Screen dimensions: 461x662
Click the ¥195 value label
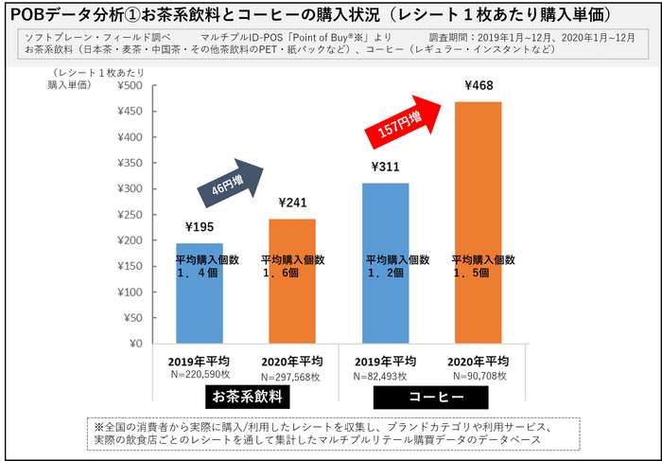click(x=200, y=227)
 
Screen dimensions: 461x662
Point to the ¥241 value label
click(x=293, y=203)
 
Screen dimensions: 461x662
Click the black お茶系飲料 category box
click(x=248, y=396)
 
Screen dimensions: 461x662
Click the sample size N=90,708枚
click(x=479, y=376)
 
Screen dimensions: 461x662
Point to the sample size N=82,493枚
click(x=385, y=376)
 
